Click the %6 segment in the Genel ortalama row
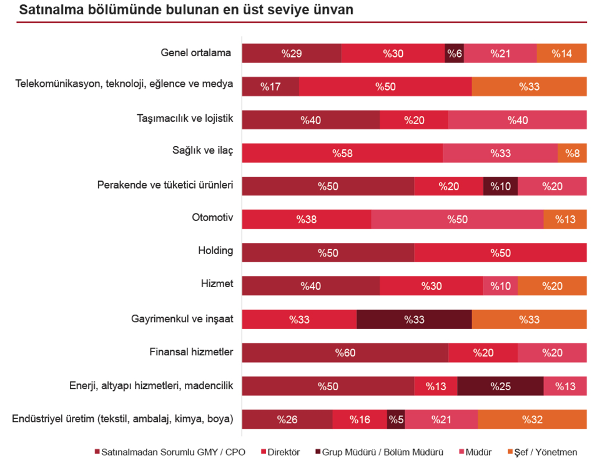tap(454, 54)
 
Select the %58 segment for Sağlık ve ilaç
tap(342, 153)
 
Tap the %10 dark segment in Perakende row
tap(500, 186)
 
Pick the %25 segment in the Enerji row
tap(500, 386)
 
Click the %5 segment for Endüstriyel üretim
tap(396, 420)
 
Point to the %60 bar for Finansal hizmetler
tap(345, 353)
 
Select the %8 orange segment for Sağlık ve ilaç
tap(572, 153)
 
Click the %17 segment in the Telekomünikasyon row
tap(270, 87)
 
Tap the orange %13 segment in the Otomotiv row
tap(565, 219)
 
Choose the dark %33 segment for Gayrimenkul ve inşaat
tap(414, 320)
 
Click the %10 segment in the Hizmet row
tap(500, 286)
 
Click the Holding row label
tap(215, 251)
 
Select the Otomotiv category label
tap(212, 218)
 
